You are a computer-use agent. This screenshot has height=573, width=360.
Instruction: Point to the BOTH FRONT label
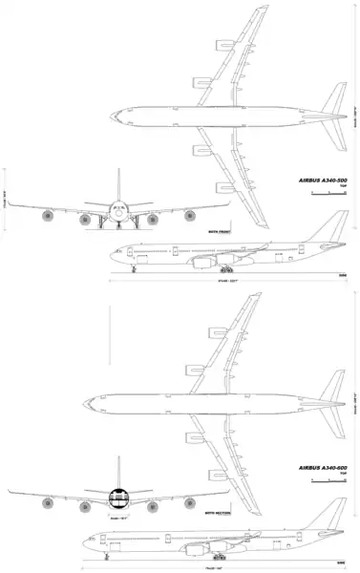219,231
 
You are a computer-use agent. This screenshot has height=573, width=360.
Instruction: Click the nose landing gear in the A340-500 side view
134,269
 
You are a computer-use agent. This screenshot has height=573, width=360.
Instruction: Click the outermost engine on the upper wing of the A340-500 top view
224,44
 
